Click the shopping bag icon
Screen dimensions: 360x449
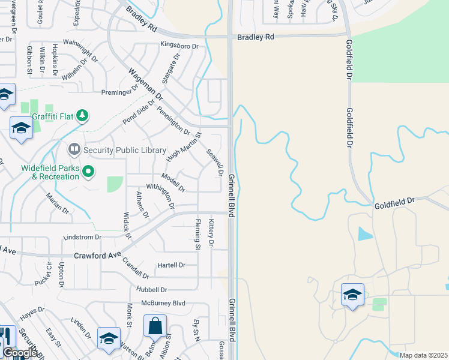(x=155, y=327)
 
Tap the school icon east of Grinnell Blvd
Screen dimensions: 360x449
(x=352, y=295)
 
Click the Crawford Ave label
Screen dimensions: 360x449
(x=97, y=256)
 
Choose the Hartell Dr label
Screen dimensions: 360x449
(x=171, y=265)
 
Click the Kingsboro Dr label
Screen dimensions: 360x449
(x=179, y=45)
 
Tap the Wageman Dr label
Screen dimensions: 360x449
(x=146, y=83)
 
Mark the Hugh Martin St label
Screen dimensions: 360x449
(x=184, y=147)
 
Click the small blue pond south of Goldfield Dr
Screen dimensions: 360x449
(x=364, y=234)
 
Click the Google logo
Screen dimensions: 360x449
(x=20, y=353)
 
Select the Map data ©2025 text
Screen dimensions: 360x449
(x=423, y=355)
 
